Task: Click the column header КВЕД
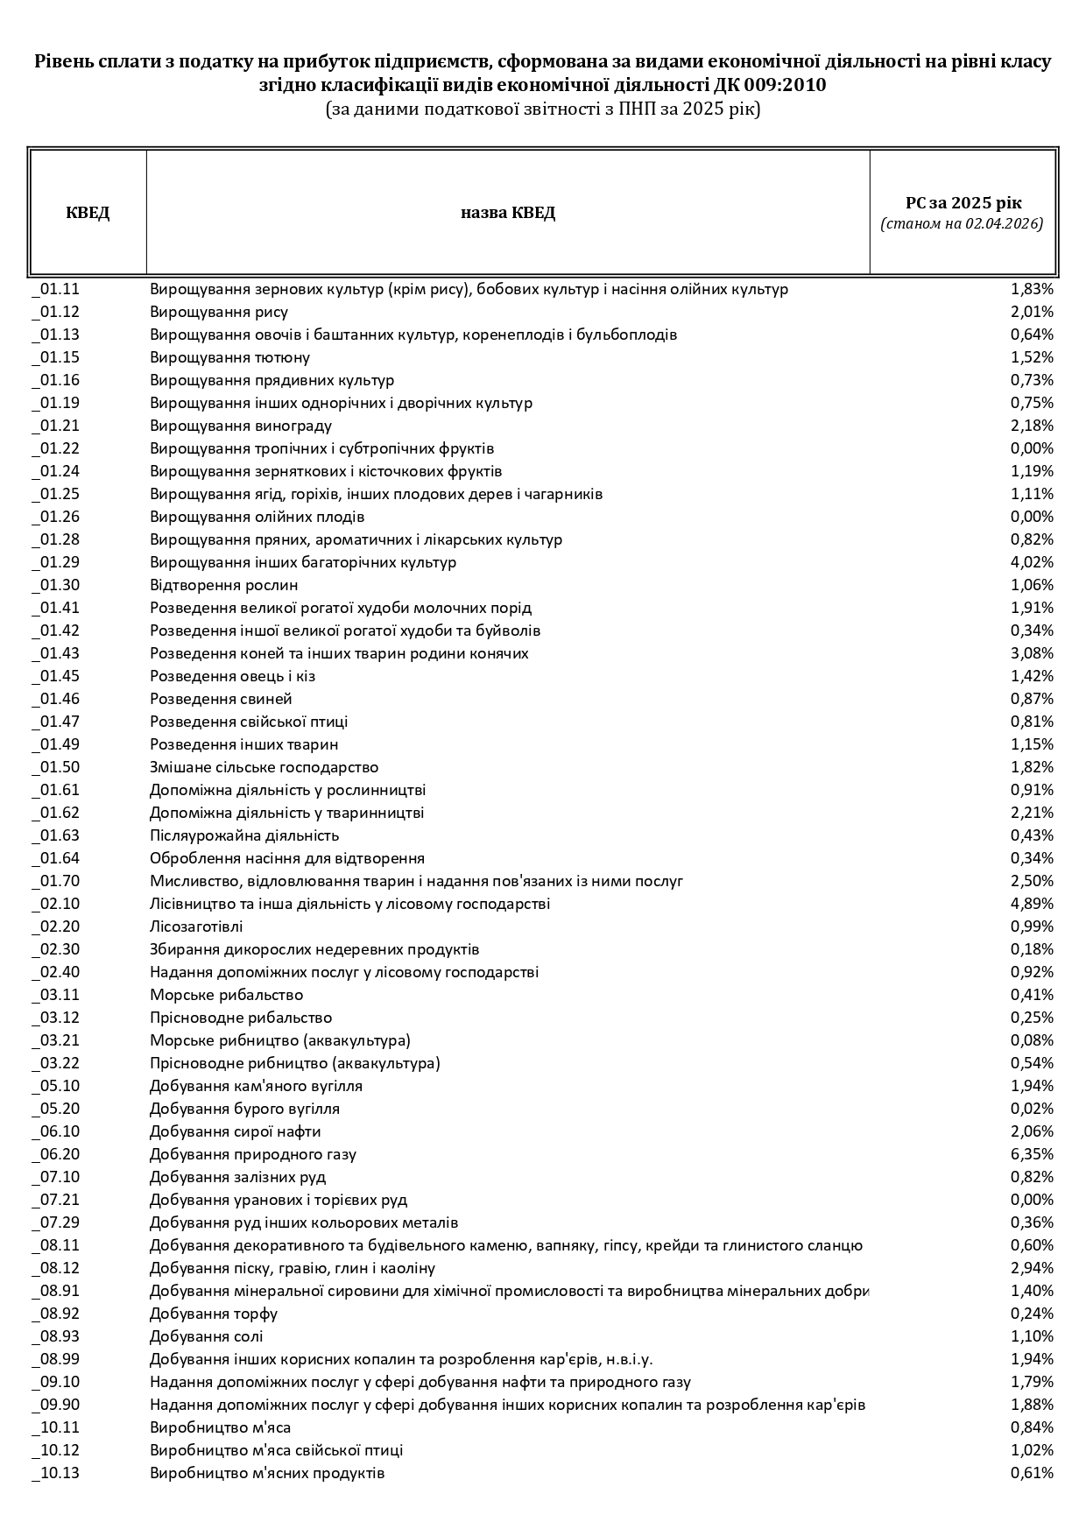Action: point(88,213)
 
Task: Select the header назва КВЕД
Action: point(508,213)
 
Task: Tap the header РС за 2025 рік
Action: point(963,202)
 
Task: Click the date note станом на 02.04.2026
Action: point(962,224)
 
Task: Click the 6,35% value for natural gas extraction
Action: point(1032,1154)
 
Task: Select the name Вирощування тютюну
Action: point(229,357)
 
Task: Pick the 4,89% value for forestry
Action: point(1032,904)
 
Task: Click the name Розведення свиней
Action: point(221,699)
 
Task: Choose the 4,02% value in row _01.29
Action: point(1032,562)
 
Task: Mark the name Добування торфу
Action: point(214,1314)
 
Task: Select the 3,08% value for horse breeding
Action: point(1032,653)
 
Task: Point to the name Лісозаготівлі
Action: point(196,927)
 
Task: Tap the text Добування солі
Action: point(206,1336)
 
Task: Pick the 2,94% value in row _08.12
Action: point(1032,1268)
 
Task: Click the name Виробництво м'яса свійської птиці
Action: point(276,1450)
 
